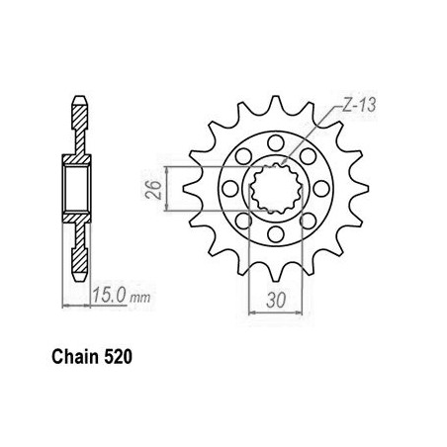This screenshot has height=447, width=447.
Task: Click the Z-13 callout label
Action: point(359,106)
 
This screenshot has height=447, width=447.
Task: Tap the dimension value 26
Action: point(154,190)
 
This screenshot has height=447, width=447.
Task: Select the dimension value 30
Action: point(276,301)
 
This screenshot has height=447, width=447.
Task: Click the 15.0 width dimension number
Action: point(109,295)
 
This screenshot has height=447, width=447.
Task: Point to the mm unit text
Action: point(140,298)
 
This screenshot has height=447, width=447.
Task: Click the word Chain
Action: point(75,357)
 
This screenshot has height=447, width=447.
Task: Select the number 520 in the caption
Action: point(118,357)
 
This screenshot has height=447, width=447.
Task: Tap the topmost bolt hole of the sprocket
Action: point(276,143)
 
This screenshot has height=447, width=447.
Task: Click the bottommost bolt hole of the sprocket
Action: point(276,234)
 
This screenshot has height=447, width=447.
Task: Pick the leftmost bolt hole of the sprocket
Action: point(230,189)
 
